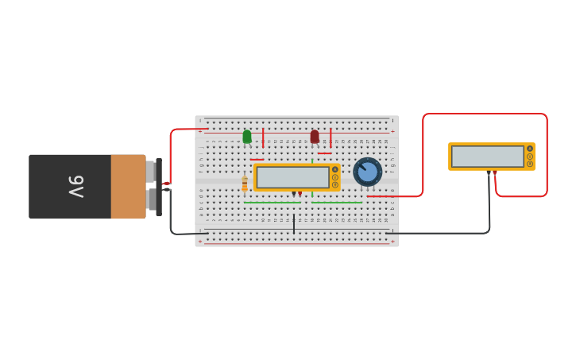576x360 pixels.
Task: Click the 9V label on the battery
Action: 75,187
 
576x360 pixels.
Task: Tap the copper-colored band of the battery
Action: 128,187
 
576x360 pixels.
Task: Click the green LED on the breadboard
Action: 247,137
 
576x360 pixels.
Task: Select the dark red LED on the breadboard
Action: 315,137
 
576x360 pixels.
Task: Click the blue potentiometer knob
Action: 367,171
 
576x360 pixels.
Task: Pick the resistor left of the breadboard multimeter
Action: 245,184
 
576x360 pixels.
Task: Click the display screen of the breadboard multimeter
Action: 292,177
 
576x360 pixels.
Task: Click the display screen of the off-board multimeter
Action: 487,157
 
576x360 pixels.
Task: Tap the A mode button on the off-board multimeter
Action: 530,149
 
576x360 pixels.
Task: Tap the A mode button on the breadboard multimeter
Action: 335,169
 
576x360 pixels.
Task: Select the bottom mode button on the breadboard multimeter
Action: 335,185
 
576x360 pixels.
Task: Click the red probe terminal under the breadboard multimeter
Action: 300,193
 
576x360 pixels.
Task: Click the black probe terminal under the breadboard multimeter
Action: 293,193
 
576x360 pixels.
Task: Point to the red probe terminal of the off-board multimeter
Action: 495,172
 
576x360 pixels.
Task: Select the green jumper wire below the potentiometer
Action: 337,202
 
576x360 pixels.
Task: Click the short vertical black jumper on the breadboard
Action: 293,223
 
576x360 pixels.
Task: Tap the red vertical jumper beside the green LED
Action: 263,137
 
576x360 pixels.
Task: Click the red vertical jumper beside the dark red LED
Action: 331,137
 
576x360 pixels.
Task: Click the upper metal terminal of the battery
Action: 150,171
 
